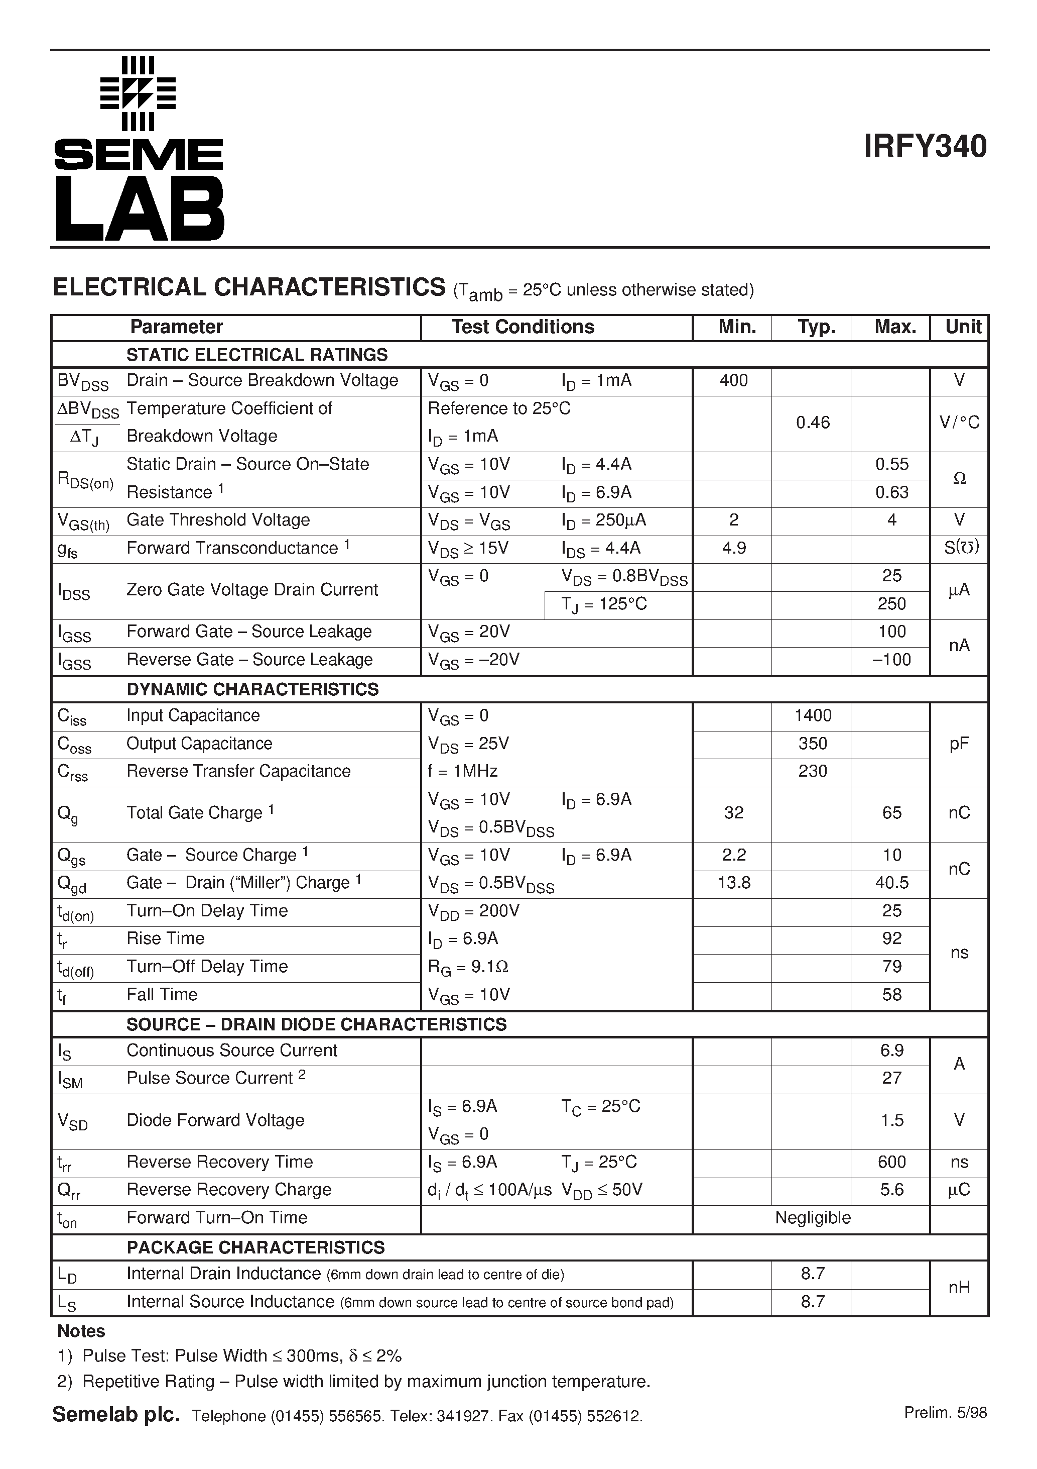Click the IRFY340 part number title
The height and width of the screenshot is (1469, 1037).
coord(925,147)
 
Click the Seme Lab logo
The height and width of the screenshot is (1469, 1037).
coord(139,148)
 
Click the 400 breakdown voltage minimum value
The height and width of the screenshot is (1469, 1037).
coord(733,381)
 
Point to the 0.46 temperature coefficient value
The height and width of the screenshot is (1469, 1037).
coord(813,423)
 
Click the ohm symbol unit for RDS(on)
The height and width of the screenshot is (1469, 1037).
coord(959,479)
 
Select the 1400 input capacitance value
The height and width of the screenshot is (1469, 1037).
coord(813,715)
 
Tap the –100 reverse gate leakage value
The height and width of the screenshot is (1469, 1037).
coord(891,660)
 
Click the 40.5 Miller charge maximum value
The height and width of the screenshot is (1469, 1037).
coord(892,883)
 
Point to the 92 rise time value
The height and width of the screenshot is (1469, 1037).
coord(892,938)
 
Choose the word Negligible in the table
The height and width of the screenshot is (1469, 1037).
coord(813,1218)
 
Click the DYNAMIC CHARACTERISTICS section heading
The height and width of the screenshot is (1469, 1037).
coord(252,690)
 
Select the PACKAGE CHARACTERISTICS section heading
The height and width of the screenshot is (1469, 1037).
coord(255,1247)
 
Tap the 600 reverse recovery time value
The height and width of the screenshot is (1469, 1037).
coord(892,1162)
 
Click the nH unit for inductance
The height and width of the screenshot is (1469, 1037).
coord(959,1287)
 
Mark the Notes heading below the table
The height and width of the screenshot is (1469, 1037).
coord(81,1331)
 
